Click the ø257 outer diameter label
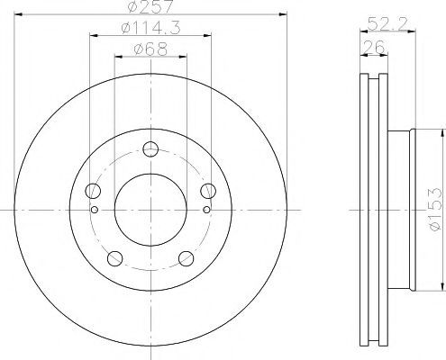(150, 6)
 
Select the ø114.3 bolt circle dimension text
(150, 28)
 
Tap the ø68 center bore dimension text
(150, 49)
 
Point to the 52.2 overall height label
(387, 23)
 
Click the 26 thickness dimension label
(374, 47)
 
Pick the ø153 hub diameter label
(436, 210)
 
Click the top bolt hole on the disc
(150, 149)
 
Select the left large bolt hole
(93, 191)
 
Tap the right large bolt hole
(208, 191)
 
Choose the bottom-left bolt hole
(114, 258)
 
